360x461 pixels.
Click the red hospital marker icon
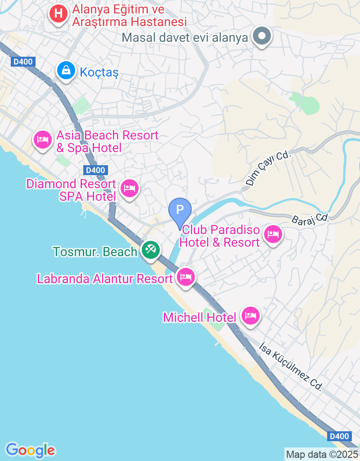pyautogui.click(x=58, y=14)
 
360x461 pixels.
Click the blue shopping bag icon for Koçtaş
pyautogui.click(x=66, y=70)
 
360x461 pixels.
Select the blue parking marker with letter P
pyautogui.click(x=180, y=210)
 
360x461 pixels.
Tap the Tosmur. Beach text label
pyautogui.click(x=95, y=252)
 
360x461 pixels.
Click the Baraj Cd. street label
pyautogui.click(x=310, y=218)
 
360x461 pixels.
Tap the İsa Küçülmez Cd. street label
pyautogui.click(x=291, y=366)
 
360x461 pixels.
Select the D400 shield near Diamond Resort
pyautogui.click(x=95, y=170)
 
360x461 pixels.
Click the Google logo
pyautogui.click(x=30, y=450)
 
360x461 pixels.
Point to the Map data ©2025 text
pyautogui.click(x=322, y=454)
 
